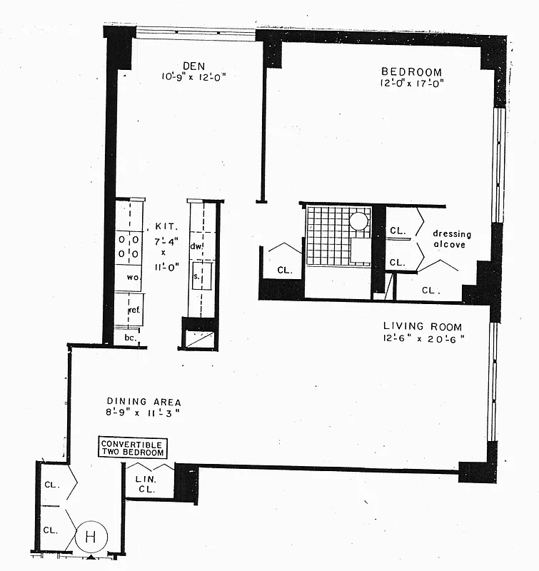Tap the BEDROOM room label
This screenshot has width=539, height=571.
(x=411, y=71)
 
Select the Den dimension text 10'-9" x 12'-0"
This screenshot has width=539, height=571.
(x=194, y=76)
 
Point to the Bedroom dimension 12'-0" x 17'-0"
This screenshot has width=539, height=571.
(x=412, y=83)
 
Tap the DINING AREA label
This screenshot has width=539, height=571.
(x=143, y=401)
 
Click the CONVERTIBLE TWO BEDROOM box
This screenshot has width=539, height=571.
(x=133, y=448)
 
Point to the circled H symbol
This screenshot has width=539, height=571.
(x=91, y=536)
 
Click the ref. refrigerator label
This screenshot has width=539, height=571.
(x=134, y=310)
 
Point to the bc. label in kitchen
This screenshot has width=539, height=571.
(x=130, y=336)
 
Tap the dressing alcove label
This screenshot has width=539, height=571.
(x=452, y=239)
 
